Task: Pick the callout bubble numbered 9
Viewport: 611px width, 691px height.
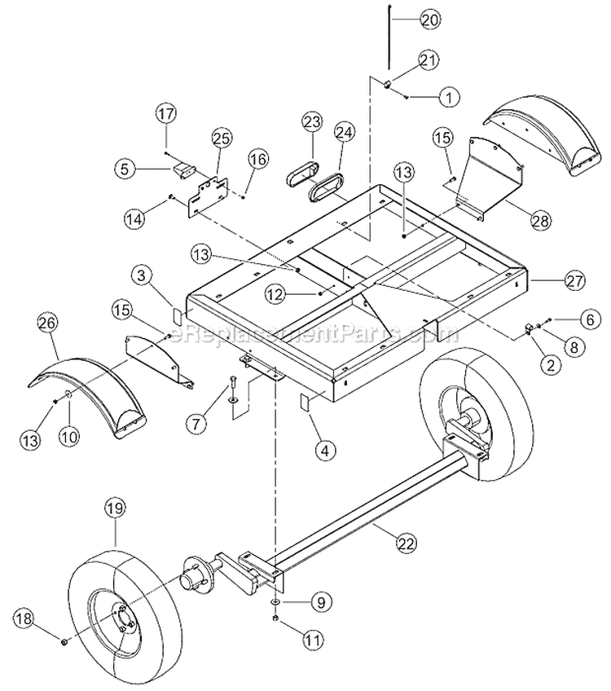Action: (319, 603)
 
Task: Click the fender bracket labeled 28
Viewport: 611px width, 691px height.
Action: (489, 179)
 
